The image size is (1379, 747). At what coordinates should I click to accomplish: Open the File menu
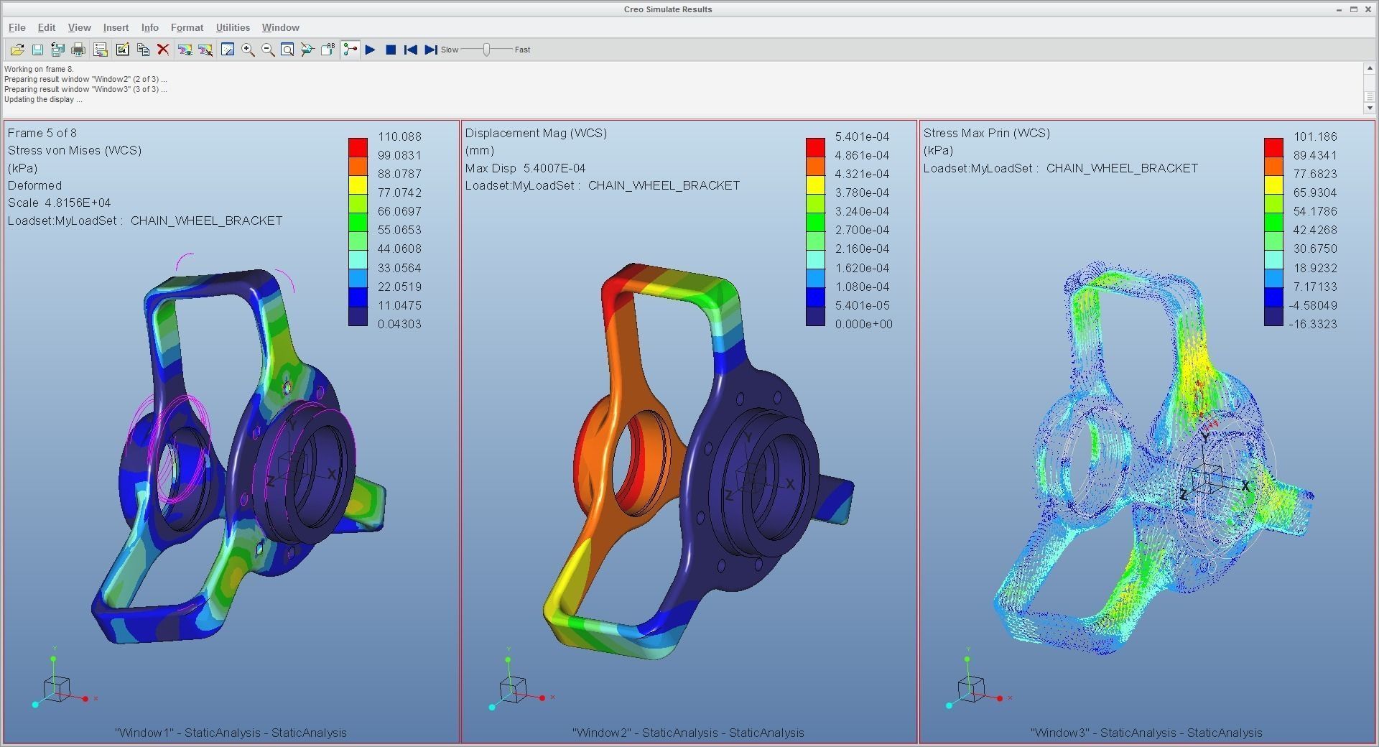pyautogui.click(x=17, y=27)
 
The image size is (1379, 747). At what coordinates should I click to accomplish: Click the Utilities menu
pyautogui.click(x=233, y=27)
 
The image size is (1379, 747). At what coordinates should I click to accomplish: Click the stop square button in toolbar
pyautogui.click(x=391, y=50)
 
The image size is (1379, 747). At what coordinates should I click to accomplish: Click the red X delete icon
pyautogui.click(x=163, y=50)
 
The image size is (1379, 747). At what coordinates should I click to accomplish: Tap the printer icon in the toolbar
pyautogui.click(x=78, y=50)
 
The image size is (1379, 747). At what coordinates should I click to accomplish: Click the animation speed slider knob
pyautogui.click(x=487, y=50)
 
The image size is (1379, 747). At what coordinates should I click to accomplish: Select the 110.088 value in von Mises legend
pyautogui.click(x=399, y=136)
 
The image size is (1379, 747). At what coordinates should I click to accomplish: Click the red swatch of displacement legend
pyautogui.click(x=815, y=146)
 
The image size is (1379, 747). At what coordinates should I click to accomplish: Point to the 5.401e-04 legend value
pyautogui.click(x=861, y=136)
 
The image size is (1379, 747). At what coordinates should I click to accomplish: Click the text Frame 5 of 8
pyautogui.click(x=42, y=133)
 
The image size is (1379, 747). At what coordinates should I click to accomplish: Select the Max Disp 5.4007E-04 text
pyautogui.click(x=525, y=168)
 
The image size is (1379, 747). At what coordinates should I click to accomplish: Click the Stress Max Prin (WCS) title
pyautogui.click(x=986, y=133)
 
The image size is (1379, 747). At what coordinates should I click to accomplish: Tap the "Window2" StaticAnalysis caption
pyautogui.click(x=687, y=733)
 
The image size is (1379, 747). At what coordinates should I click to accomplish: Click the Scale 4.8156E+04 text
pyautogui.click(x=59, y=203)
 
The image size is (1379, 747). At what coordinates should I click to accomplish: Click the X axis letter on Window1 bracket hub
pyautogui.click(x=332, y=474)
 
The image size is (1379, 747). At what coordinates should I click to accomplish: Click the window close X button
pyautogui.click(x=1368, y=9)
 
